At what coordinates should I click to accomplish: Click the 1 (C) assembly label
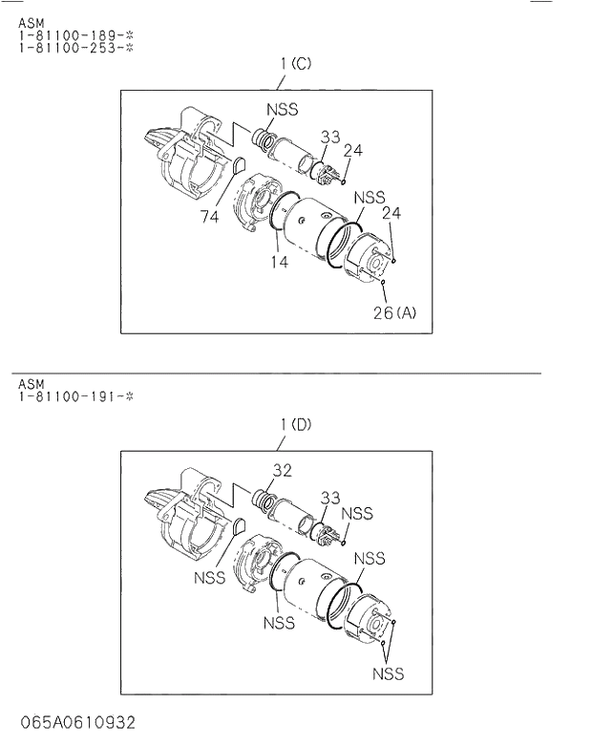point(295,64)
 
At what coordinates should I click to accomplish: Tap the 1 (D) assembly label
point(295,424)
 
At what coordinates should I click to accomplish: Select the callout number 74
point(210,217)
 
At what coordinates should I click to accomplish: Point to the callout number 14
point(279,261)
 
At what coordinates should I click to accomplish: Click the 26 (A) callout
point(393,312)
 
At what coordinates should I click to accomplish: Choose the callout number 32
point(282,470)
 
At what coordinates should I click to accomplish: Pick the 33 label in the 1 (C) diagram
point(329,138)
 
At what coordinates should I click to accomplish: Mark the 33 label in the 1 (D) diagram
point(329,498)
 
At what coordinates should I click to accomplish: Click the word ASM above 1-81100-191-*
point(31,384)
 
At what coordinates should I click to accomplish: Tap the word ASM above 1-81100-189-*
point(31,23)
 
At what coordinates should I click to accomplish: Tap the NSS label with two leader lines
point(388,674)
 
